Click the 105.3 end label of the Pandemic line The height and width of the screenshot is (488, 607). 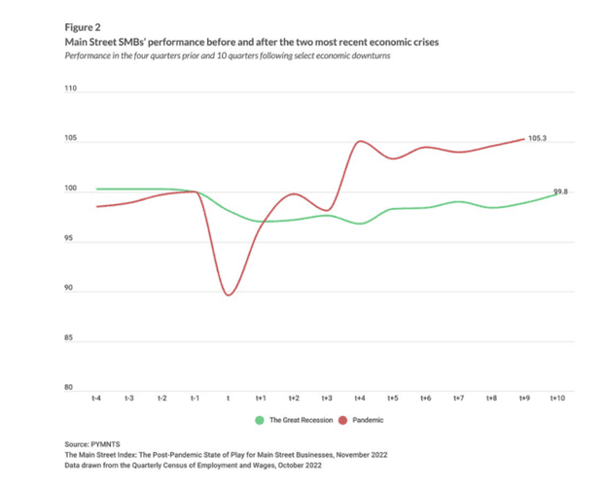[536, 139]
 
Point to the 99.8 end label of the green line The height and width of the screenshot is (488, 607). [560, 192]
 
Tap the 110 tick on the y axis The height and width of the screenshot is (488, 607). [69, 89]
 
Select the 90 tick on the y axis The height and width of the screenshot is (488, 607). [70, 289]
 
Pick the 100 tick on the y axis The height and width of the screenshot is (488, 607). [69, 189]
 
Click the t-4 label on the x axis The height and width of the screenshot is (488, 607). [97, 399]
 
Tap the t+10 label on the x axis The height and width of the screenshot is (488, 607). [558, 399]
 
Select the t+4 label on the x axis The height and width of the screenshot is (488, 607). [360, 399]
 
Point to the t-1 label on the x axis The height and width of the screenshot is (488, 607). [196, 399]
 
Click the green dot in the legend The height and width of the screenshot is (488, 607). [260, 420]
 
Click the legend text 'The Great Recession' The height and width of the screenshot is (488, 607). [298, 420]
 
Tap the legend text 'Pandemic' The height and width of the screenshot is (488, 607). [365, 420]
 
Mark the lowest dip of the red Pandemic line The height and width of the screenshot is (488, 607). [229, 295]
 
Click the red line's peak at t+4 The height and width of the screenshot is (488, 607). [360, 142]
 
